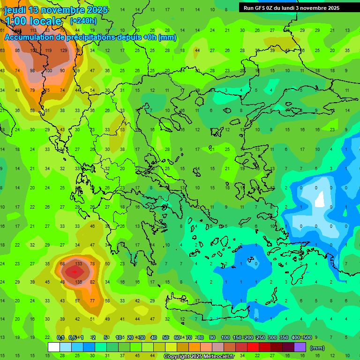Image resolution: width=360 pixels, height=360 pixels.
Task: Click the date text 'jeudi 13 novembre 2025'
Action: click(56, 10)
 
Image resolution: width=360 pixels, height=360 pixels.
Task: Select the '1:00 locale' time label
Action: click(33, 21)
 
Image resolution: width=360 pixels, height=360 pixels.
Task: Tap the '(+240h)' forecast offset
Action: click(83, 21)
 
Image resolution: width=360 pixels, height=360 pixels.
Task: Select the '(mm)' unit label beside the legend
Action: click(317, 348)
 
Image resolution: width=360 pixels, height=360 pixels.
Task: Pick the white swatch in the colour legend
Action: click(54, 347)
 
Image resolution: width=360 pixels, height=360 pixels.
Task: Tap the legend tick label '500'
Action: click(307, 337)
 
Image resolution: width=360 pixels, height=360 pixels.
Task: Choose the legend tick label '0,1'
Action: click(60, 337)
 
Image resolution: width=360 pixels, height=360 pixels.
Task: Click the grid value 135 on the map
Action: click(78, 282)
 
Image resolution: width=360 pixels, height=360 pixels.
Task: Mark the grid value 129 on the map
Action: click(63, 50)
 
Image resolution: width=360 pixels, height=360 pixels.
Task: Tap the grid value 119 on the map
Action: click(48, 50)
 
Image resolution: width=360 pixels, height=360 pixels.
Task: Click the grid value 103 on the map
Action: click(33, 50)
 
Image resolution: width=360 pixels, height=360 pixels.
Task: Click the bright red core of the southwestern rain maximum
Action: click(73, 272)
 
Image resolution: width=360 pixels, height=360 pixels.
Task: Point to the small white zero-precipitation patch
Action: click(320, 199)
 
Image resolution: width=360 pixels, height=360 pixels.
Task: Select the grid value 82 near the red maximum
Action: click(92, 282)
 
